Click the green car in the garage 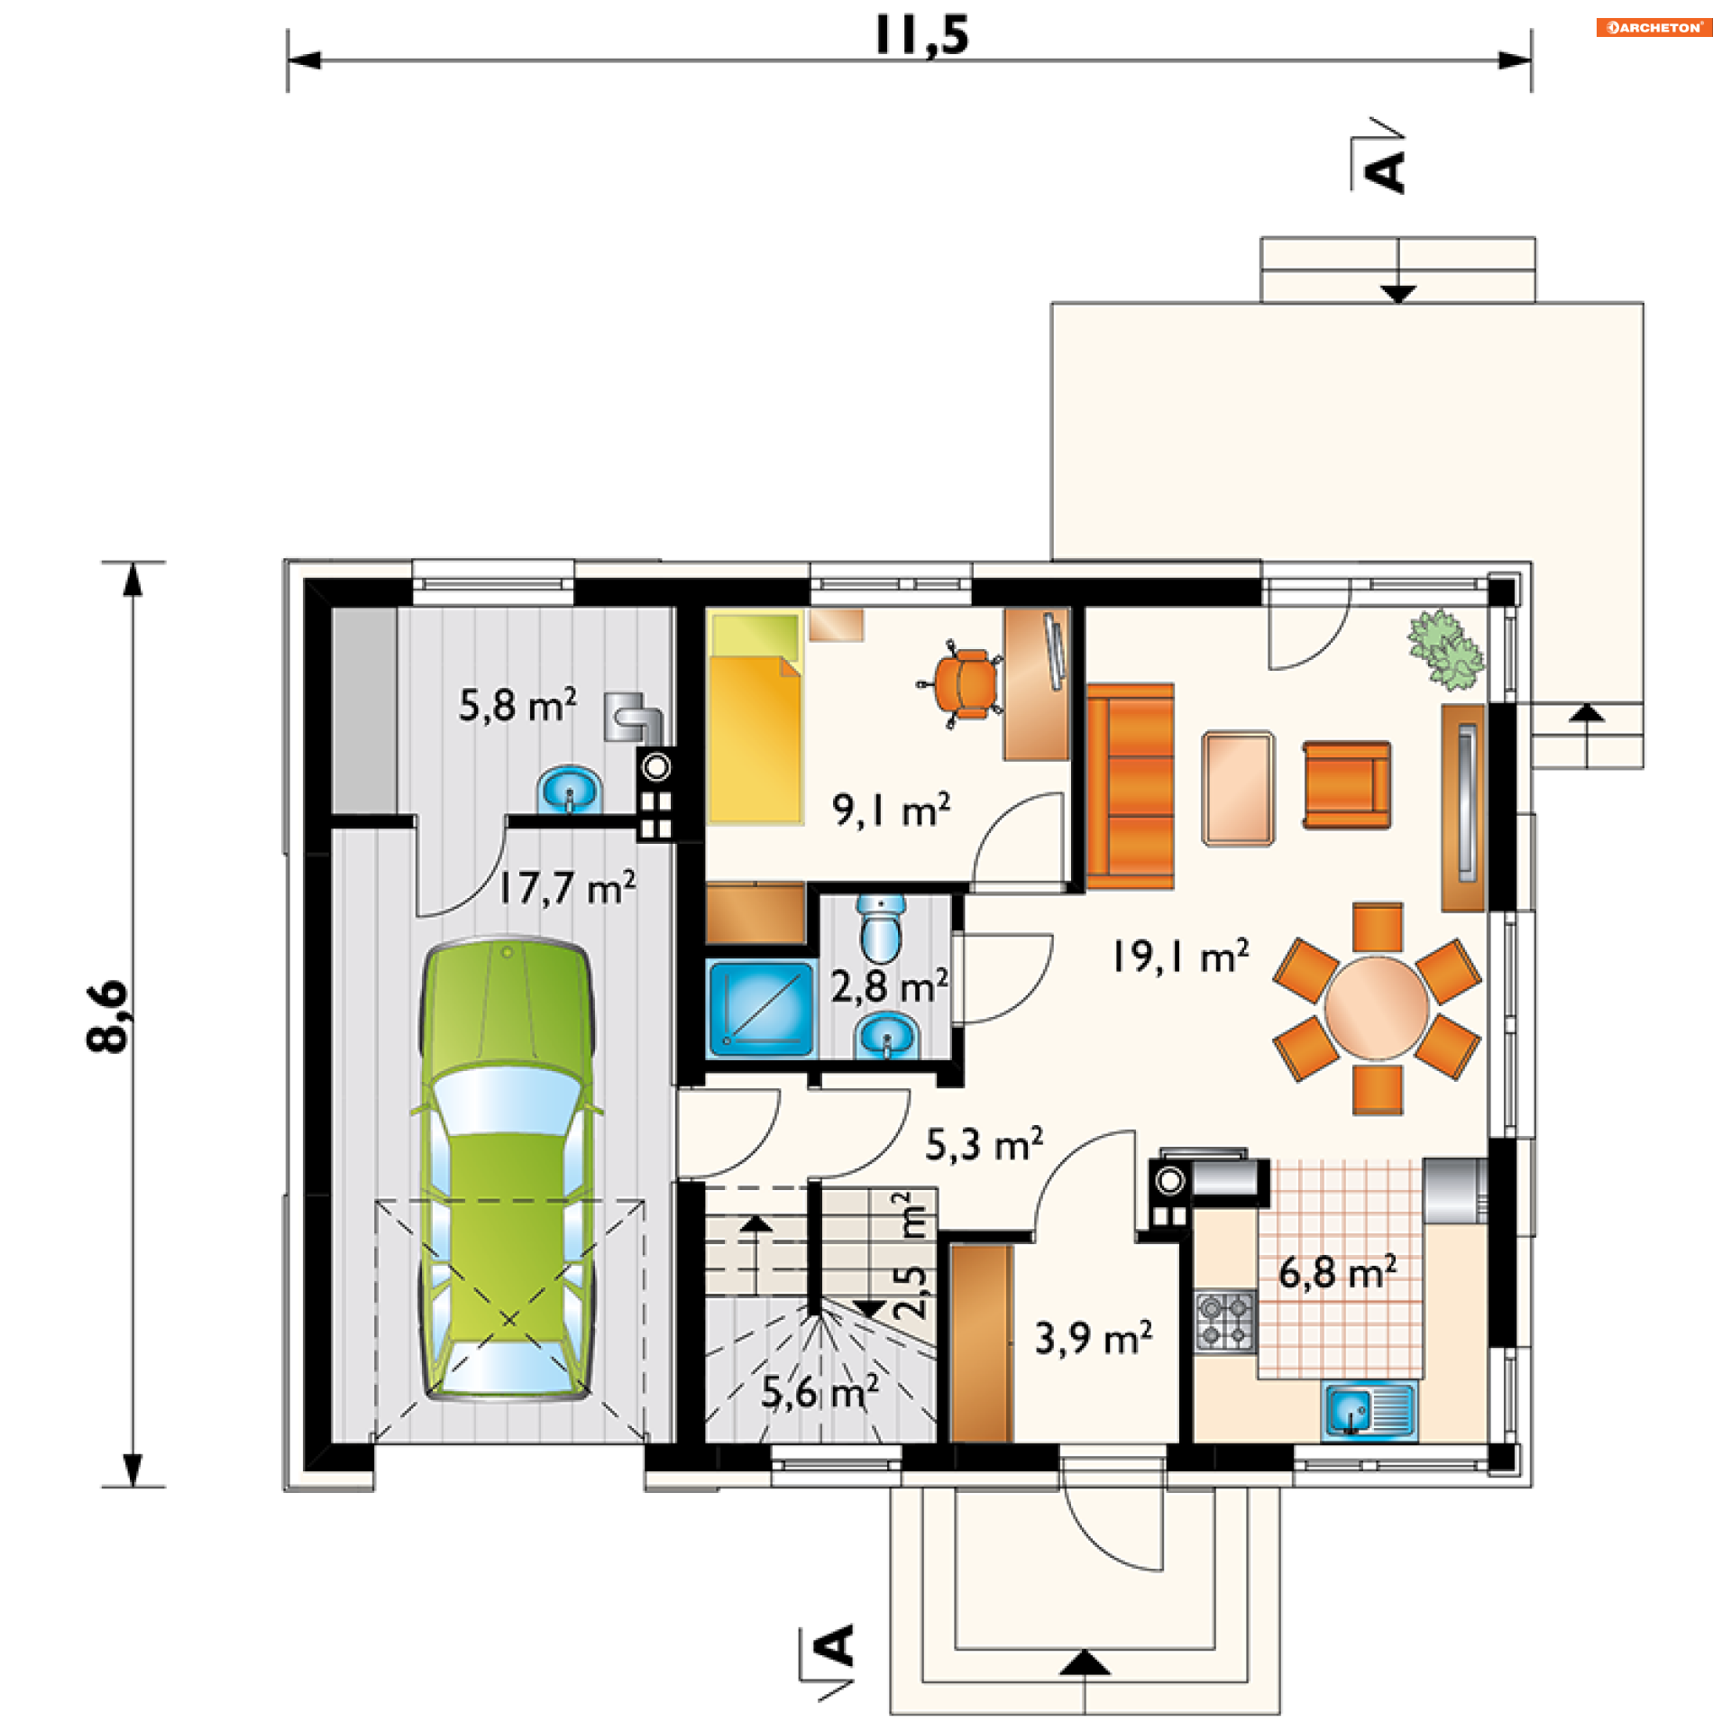coord(508,1168)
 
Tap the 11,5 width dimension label coord(921,36)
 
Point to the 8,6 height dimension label coord(109,1016)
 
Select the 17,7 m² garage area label coord(567,888)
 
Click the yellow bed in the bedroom coord(755,718)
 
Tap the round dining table coord(1376,1009)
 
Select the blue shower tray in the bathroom coord(761,1009)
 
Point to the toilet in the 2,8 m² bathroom coord(880,930)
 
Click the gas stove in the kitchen coord(1225,1321)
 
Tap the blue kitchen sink coord(1369,1410)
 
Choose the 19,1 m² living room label coord(1180,956)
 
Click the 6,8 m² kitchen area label coord(1337,1272)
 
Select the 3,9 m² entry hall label coord(1094,1338)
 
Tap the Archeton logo coord(1654,27)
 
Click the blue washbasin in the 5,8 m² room coord(569,791)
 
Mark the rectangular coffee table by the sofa coord(1238,789)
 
